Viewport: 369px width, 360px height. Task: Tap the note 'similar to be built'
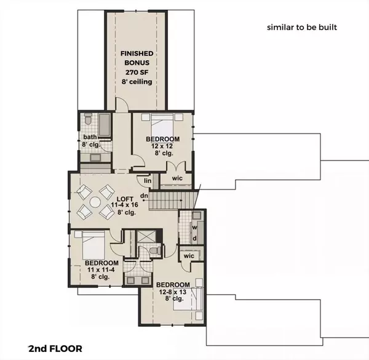(302, 28)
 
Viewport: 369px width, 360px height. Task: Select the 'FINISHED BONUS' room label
(137, 59)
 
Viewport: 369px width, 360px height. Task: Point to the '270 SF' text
(137, 73)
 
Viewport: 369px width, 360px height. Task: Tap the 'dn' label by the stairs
(143, 196)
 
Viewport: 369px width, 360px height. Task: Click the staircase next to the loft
(174, 201)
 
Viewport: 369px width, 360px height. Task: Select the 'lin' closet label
(148, 180)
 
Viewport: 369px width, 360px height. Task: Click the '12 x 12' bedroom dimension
(162, 147)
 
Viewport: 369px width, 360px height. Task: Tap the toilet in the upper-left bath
(88, 120)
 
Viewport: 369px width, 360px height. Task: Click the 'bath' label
(90, 137)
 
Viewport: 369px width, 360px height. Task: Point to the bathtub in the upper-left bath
(105, 126)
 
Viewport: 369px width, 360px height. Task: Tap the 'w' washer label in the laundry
(194, 226)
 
